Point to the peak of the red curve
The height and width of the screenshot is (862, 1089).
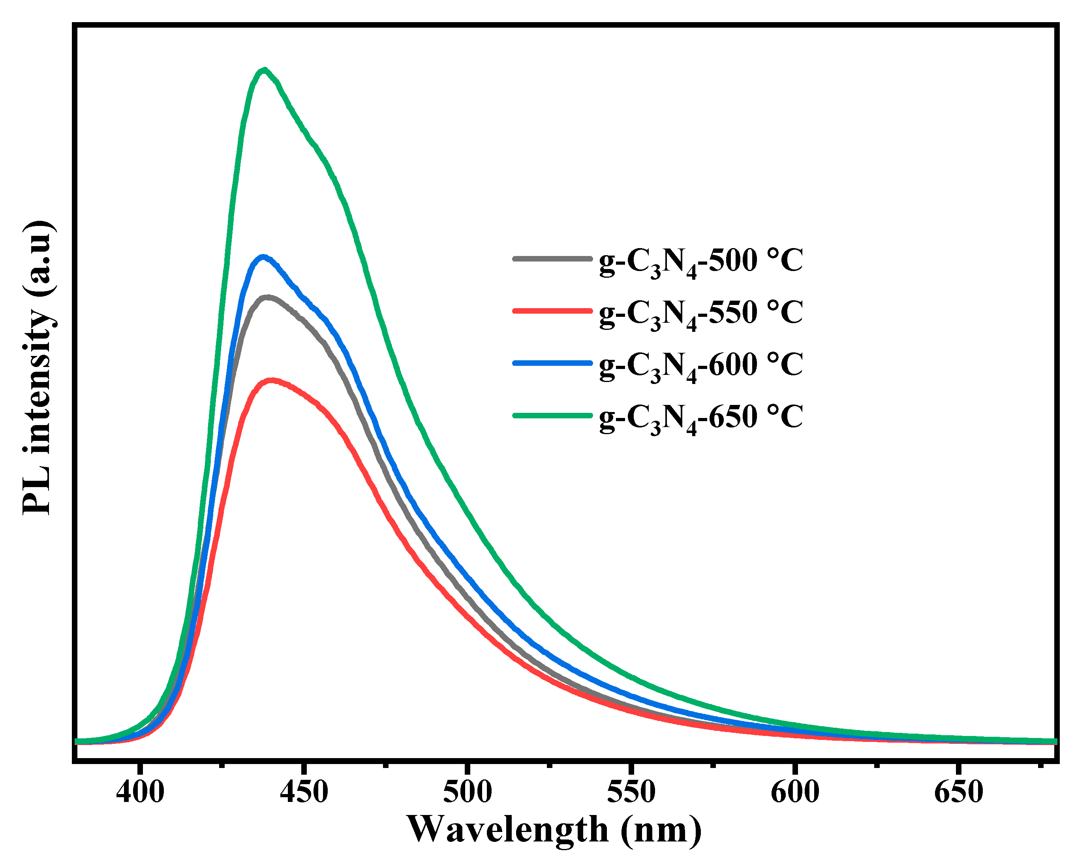[272, 380]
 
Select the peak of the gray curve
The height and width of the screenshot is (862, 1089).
[267, 297]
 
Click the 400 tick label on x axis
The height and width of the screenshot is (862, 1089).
[140, 792]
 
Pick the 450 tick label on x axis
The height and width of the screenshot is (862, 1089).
[304, 792]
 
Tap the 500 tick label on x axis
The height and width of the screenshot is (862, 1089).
[468, 792]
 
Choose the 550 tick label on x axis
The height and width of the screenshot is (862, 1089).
[631, 792]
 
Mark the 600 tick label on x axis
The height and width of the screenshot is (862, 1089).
[795, 792]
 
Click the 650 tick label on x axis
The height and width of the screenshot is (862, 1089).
[958, 792]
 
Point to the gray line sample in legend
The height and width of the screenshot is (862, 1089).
[552, 259]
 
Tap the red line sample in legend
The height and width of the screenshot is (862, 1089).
[552, 311]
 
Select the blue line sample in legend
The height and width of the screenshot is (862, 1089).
[552, 363]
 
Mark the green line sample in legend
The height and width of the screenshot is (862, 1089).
[552, 415]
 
